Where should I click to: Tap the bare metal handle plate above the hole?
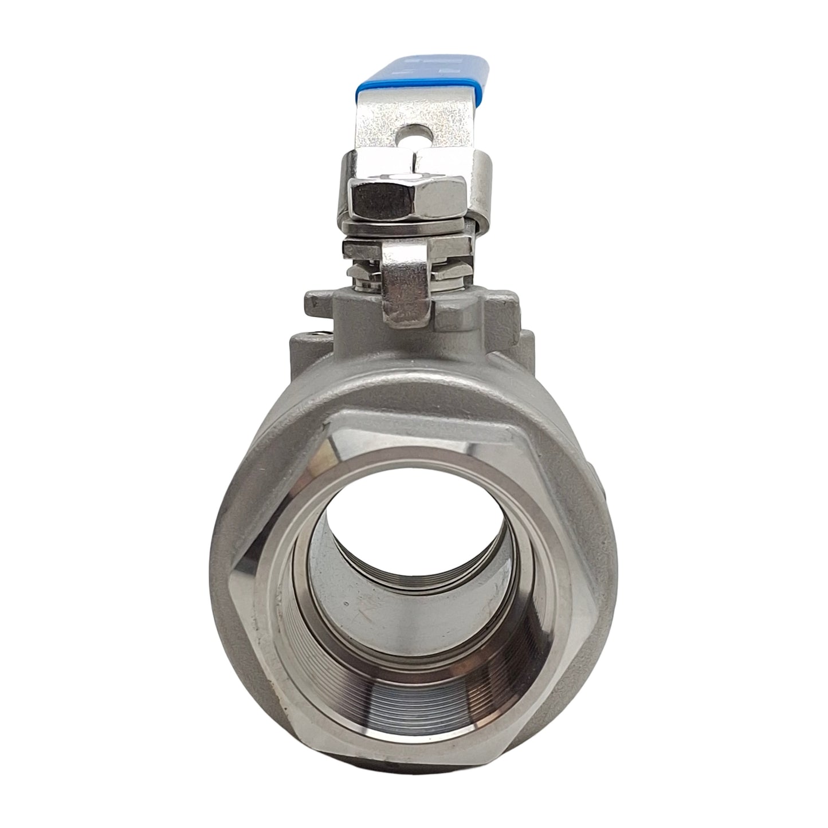(408, 112)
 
